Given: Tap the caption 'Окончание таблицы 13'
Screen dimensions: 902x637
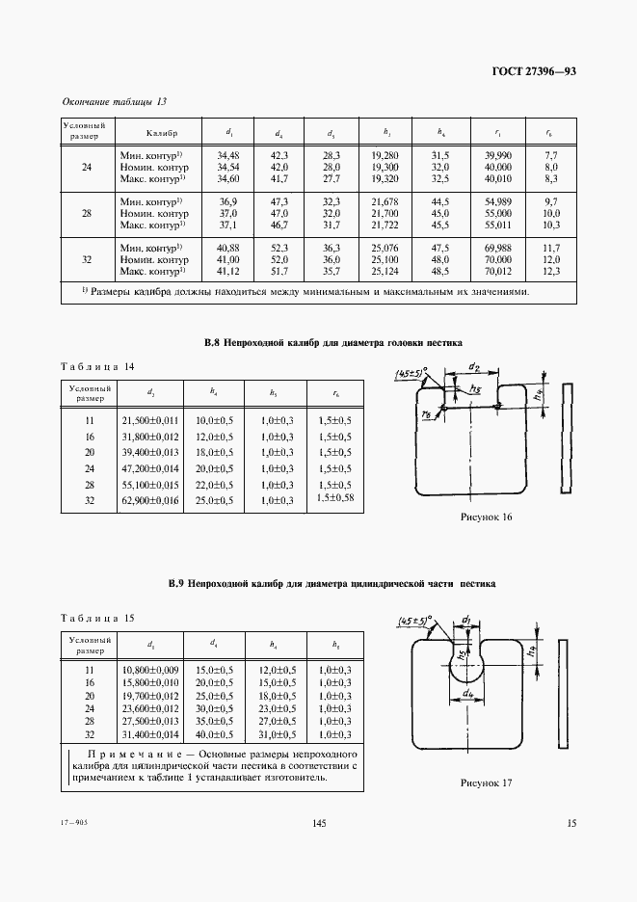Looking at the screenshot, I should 114,101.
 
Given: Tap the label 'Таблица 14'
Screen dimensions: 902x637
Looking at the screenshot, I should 96,367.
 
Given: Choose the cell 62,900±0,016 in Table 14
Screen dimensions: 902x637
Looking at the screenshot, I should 149,499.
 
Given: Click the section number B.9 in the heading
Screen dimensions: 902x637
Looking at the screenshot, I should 176,583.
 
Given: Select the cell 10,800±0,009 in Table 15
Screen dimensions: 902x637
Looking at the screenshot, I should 149,668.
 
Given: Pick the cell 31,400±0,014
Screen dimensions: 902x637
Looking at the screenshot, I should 149,733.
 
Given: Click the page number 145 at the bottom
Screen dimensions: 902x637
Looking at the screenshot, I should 320,822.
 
